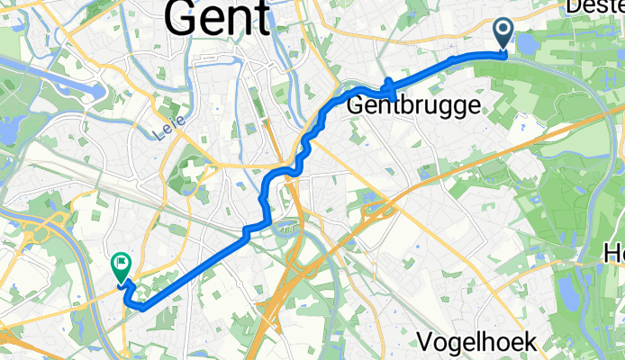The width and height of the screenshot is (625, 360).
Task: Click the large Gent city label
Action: (219, 18)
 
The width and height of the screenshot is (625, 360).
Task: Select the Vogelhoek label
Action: (478, 342)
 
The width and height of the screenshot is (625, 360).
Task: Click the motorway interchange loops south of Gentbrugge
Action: (378, 211)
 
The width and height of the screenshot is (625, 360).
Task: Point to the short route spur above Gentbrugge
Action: (389, 87)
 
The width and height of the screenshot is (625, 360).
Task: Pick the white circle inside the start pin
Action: (503, 31)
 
